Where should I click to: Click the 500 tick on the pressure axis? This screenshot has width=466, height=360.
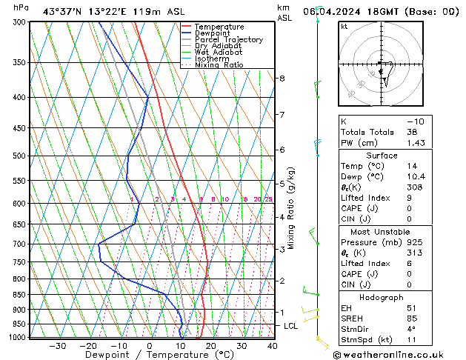click(x=18, y=156)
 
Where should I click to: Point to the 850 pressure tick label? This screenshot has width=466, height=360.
click(x=18, y=295)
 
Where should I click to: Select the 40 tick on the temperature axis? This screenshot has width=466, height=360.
click(x=273, y=346)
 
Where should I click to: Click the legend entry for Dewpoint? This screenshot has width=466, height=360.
click(x=209, y=33)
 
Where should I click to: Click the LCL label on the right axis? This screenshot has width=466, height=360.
click(x=291, y=326)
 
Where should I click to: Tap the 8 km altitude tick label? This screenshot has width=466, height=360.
click(x=282, y=79)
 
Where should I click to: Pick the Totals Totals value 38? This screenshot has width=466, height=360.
click(x=412, y=132)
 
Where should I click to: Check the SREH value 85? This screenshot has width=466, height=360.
click(x=412, y=319)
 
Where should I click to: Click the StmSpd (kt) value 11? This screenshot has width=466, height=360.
click(x=411, y=340)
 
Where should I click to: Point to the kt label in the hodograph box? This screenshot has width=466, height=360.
click(x=344, y=27)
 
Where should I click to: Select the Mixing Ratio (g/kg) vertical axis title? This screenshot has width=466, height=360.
click(x=292, y=208)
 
